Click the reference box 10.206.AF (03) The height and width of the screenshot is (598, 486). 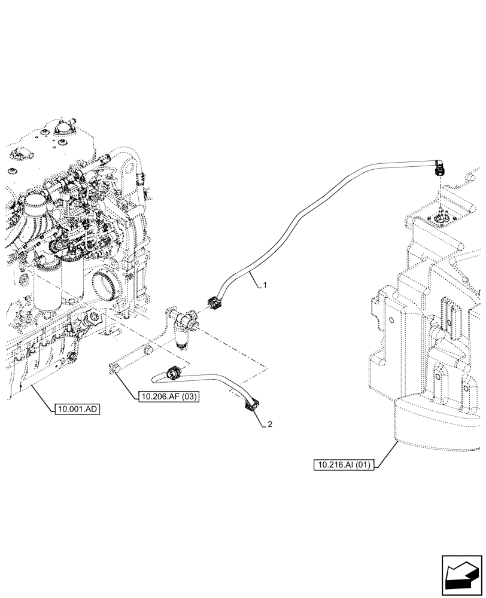click(x=168, y=396)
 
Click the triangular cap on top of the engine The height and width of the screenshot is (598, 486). click(x=62, y=128)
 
